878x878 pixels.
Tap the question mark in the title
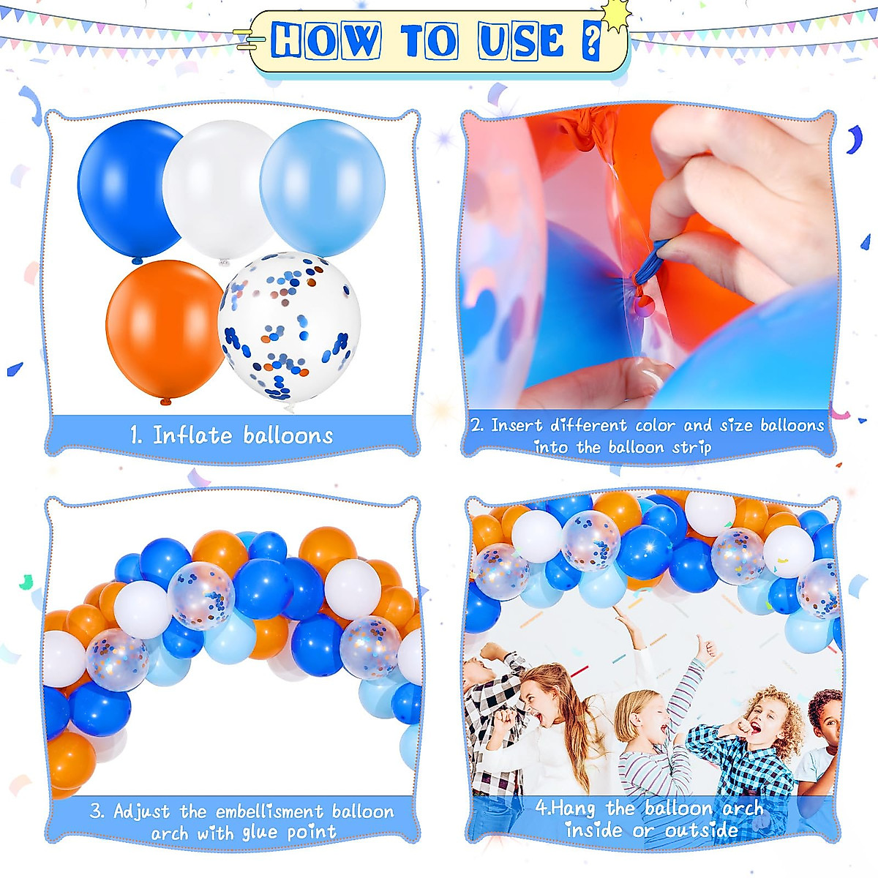(591, 41)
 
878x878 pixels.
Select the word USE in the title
(521, 41)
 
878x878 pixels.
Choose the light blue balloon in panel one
(323, 187)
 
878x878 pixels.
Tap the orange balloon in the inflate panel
(165, 329)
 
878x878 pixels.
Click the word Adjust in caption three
(141, 811)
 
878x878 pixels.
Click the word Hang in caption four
(572, 808)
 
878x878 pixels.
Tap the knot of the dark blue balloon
(136, 261)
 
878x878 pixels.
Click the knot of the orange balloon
(165, 401)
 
